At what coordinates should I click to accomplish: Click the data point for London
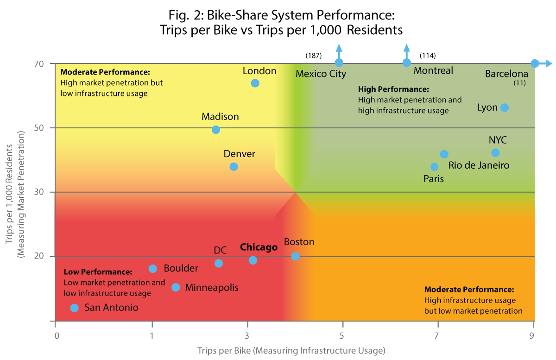pos(255,83)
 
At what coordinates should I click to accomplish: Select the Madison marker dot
pos(216,130)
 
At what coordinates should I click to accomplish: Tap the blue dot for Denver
pos(234,167)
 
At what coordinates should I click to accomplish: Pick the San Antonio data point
pos(74,308)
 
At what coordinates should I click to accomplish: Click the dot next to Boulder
pos(153,269)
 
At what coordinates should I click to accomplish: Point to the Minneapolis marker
pos(176,287)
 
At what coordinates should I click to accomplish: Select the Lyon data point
pos(505,107)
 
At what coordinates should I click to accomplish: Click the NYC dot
pos(495,153)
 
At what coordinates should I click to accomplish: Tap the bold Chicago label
pos(259,247)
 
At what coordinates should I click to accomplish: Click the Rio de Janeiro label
pos(479,165)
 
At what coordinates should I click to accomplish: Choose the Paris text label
pos(434,179)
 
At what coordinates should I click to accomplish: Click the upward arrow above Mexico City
pos(339,50)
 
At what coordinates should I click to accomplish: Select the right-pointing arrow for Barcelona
pos(547,63)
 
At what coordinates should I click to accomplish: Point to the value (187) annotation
pos(314,56)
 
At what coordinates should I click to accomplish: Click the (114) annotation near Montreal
pos(427,56)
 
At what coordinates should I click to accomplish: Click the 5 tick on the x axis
pos(342,335)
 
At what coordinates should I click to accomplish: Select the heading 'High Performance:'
pos(394,89)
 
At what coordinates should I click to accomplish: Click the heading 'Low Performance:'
pos(98,272)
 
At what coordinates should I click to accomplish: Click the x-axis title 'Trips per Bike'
pos(291,350)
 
